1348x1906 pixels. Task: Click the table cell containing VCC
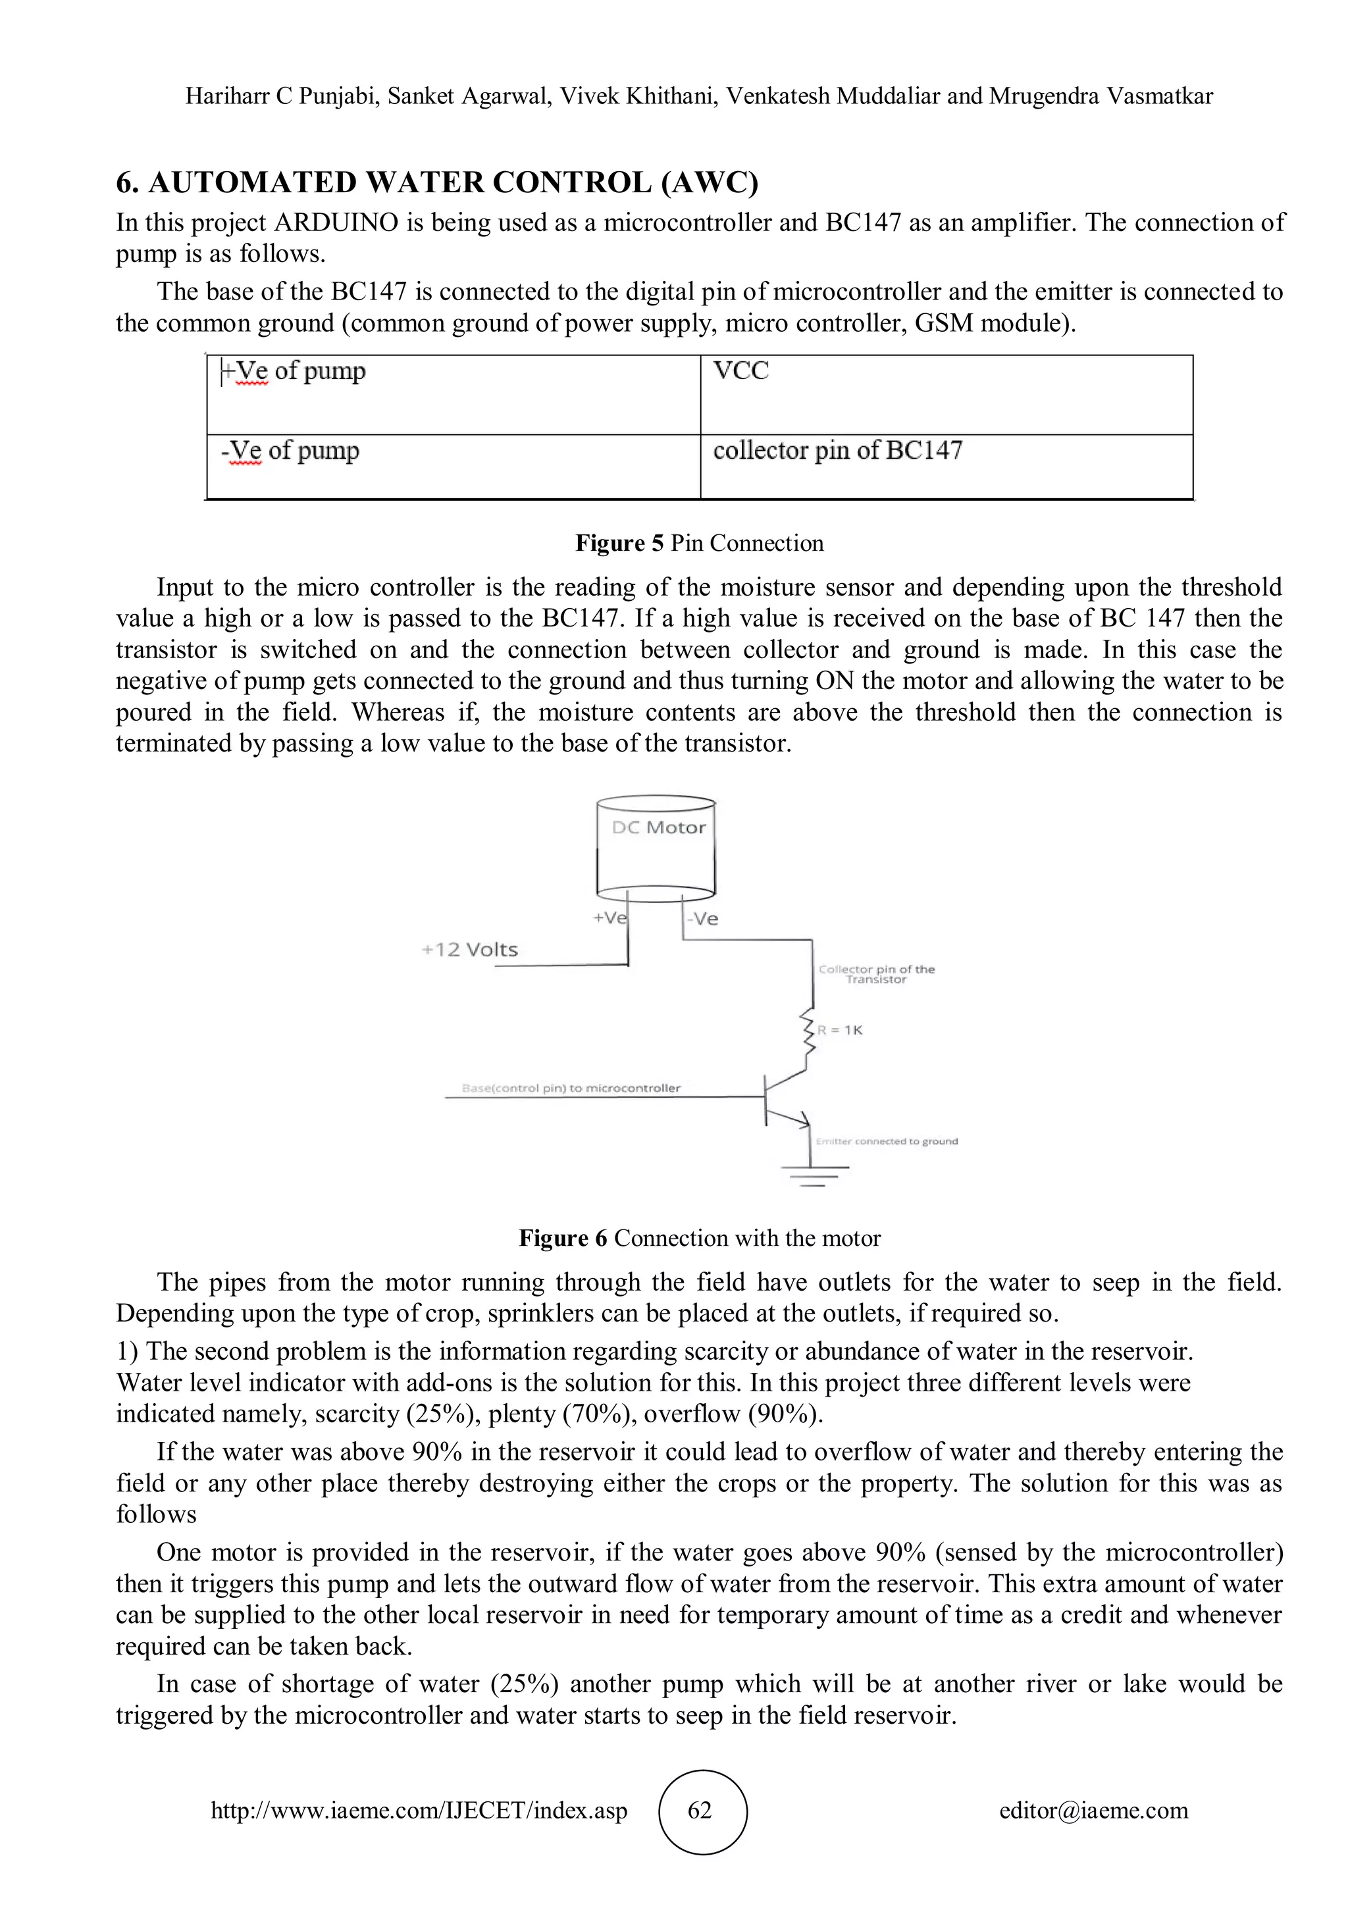tap(946, 394)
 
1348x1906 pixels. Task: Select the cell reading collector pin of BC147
tap(946, 467)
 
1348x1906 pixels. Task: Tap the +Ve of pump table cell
tap(454, 394)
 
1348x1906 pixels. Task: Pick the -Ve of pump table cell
tap(454, 467)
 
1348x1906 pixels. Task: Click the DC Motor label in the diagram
tap(658, 828)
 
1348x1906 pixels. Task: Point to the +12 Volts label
tap(470, 950)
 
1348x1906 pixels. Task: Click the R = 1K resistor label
tap(840, 1030)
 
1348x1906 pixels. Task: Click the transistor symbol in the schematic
tap(783, 1098)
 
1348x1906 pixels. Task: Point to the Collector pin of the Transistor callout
tap(877, 975)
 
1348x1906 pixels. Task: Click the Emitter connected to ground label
tap(887, 1141)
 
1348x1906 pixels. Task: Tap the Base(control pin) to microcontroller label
tap(571, 1089)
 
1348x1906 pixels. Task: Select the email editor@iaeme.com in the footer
tap(1093, 1811)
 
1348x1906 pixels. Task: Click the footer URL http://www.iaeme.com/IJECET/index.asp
tap(419, 1811)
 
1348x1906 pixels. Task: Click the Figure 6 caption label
tap(700, 1238)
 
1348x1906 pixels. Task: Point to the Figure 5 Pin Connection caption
tap(700, 543)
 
